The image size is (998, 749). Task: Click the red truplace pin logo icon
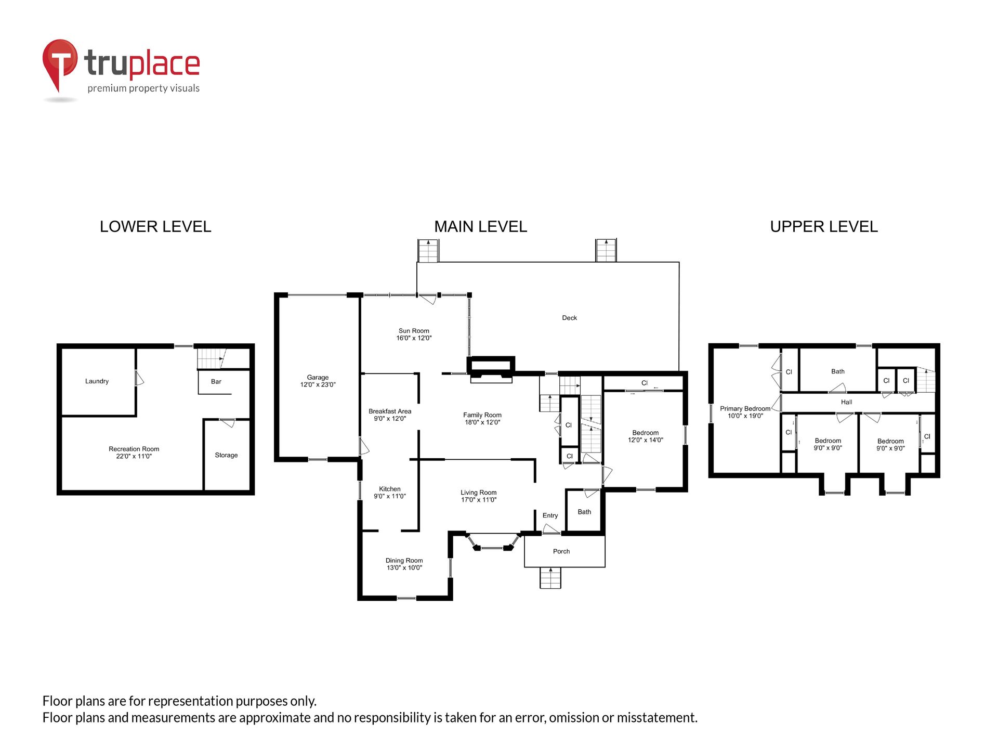tap(60, 65)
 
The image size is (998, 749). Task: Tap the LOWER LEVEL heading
tap(155, 227)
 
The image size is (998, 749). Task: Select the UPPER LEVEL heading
tap(824, 227)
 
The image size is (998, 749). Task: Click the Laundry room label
tap(97, 381)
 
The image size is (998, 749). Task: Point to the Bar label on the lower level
tap(216, 382)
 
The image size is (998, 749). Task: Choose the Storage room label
tap(226, 455)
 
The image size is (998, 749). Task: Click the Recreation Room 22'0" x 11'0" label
tap(134, 453)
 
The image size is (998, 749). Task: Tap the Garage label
tap(318, 381)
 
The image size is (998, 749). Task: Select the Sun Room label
tap(414, 334)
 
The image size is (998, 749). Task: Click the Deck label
tap(570, 318)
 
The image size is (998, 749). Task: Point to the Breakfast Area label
tap(390, 415)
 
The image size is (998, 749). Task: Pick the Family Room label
tap(482, 419)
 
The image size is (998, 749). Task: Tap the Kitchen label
tap(390, 493)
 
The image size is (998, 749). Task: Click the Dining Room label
tap(404, 564)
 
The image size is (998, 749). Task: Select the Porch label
tap(561, 551)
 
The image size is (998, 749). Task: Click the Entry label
tap(550, 515)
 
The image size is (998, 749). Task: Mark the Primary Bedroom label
tap(745, 412)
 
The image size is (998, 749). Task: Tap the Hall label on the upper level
tap(847, 402)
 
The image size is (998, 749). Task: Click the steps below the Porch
tap(550, 578)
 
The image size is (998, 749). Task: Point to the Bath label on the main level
tap(584, 512)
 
